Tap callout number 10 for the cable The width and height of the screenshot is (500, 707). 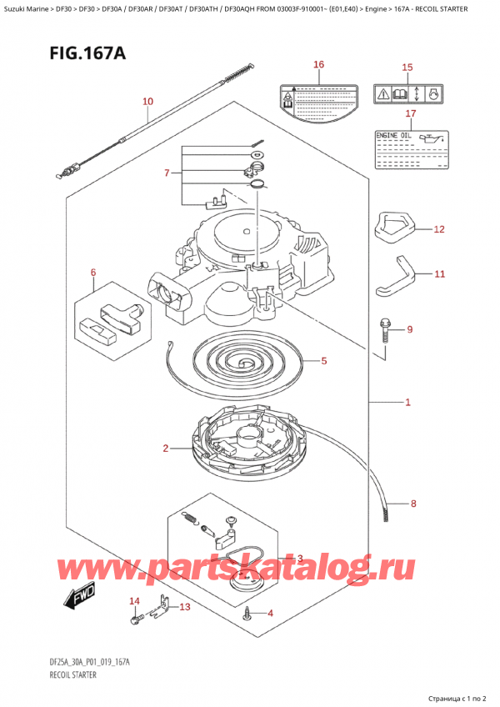click(147, 103)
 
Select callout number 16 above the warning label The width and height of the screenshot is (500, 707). click(317, 65)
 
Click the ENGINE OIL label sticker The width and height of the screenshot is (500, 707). click(410, 148)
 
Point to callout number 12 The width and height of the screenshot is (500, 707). click(439, 228)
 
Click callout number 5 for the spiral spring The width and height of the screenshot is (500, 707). click(323, 361)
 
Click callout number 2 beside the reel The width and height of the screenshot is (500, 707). click(166, 449)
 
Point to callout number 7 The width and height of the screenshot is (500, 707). click(167, 173)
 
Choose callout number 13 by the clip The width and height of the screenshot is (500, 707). click(184, 607)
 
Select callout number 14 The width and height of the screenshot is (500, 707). click(133, 601)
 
